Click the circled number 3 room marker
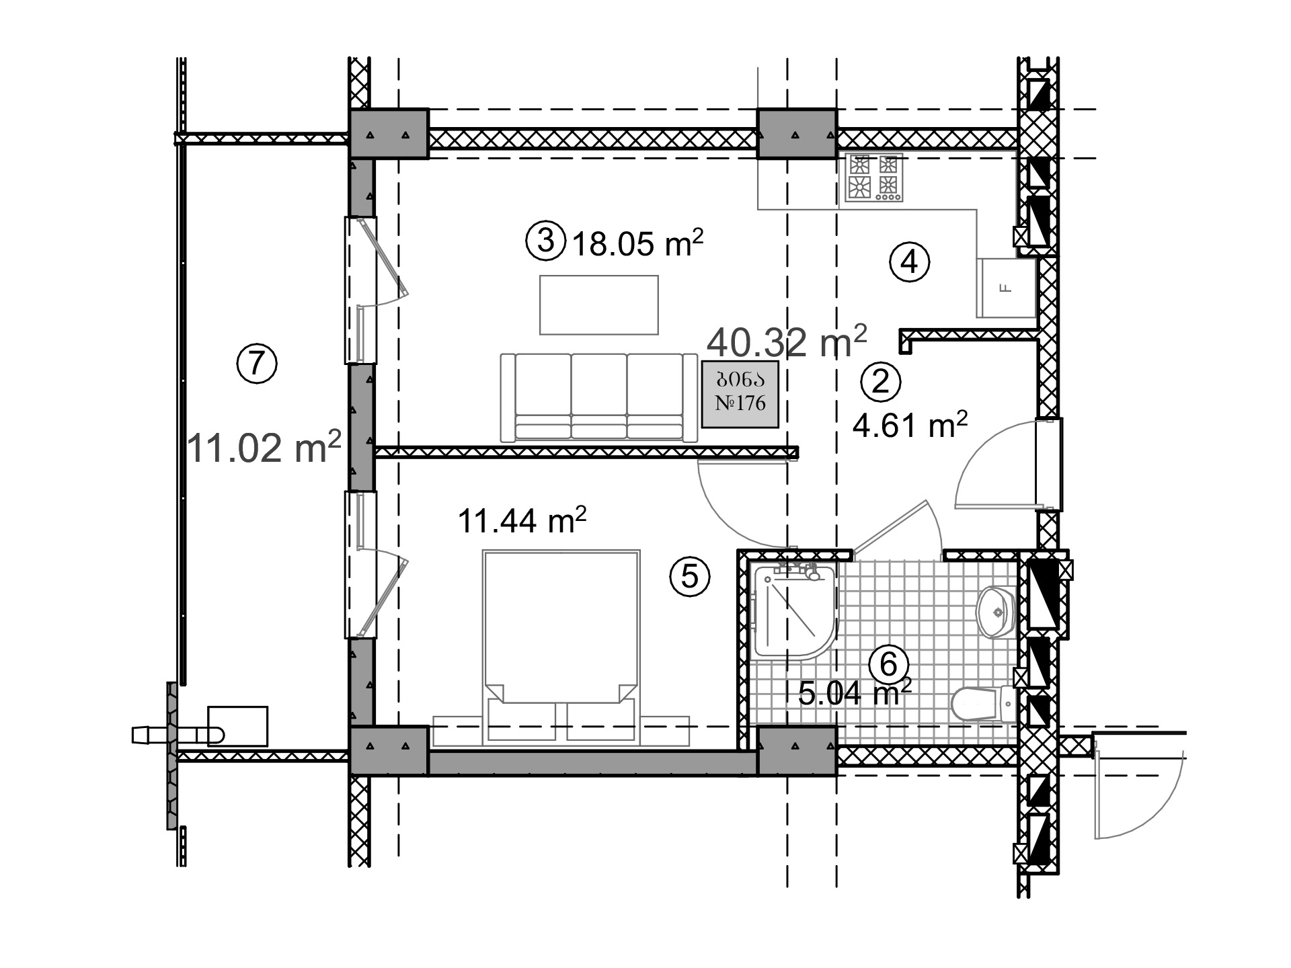(545, 241)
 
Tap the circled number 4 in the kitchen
(909, 262)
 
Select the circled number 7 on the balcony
(257, 363)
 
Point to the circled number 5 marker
(690, 577)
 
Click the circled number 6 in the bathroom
(888, 664)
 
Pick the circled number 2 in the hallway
(881, 382)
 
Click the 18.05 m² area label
(637, 243)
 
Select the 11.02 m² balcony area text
(264, 446)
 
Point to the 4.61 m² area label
(910, 425)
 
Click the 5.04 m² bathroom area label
(855, 692)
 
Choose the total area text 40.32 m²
(787, 341)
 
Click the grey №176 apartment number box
(740, 395)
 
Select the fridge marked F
(1007, 288)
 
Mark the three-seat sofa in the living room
(598, 397)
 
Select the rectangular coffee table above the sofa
(599, 305)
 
